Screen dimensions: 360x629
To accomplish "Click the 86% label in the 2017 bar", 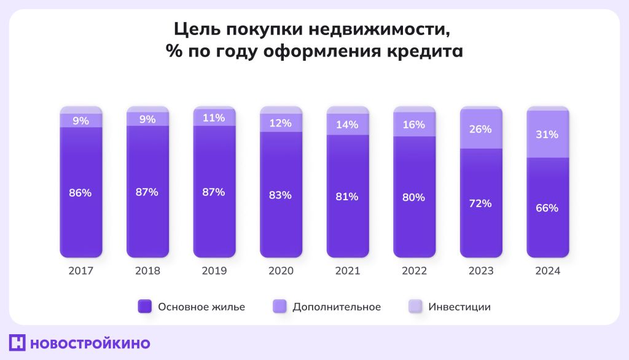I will (80, 192).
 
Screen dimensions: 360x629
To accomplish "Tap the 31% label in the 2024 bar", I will (547, 135).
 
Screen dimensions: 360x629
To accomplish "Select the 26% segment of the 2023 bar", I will (481, 130).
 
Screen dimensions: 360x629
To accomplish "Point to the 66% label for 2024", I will (547, 208).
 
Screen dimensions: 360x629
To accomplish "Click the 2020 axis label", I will (281, 271).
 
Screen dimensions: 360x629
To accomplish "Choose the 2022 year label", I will (414, 271).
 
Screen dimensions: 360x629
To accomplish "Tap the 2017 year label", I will (80, 271).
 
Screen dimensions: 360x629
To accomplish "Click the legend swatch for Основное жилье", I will (144, 307).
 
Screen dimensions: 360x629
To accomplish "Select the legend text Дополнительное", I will (337, 307).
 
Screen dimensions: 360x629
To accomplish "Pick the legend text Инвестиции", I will (459, 307).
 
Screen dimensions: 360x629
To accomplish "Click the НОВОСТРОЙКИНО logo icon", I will (17, 343).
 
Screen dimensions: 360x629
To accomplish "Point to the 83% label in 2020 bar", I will (281, 195).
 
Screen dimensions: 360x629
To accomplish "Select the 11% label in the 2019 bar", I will (214, 118).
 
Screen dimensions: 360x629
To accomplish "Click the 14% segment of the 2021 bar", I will (348, 125).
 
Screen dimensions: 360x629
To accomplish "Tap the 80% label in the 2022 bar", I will (414, 197).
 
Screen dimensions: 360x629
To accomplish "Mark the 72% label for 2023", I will (481, 203).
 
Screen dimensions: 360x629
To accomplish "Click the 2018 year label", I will (147, 271).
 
